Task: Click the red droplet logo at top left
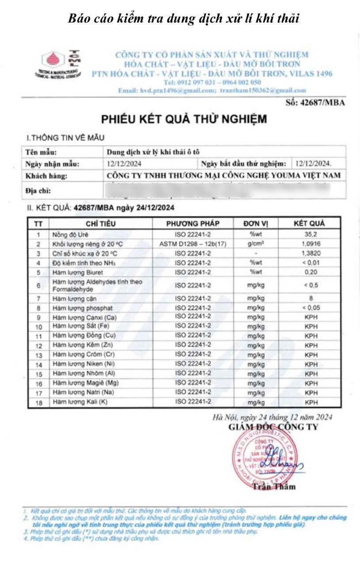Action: (52, 60)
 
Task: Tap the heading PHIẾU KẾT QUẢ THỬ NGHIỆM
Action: (184, 119)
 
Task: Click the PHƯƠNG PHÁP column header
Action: (193, 223)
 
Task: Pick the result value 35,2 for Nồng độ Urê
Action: (311, 235)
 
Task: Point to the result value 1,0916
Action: (311, 244)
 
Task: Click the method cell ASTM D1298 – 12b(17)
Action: (193, 244)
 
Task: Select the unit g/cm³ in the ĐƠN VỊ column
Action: (255, 244)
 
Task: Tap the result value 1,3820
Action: (311, 253)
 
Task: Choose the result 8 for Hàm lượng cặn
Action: (311, 298)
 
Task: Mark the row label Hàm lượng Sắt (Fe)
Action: (76, 326)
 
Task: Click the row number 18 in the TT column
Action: (38, 402)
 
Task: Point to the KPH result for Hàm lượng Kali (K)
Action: (311, 402)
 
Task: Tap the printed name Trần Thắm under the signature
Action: (274, 487)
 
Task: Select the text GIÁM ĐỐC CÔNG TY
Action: (273, 427)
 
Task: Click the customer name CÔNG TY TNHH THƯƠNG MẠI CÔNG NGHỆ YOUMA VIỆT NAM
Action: (224, 175)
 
